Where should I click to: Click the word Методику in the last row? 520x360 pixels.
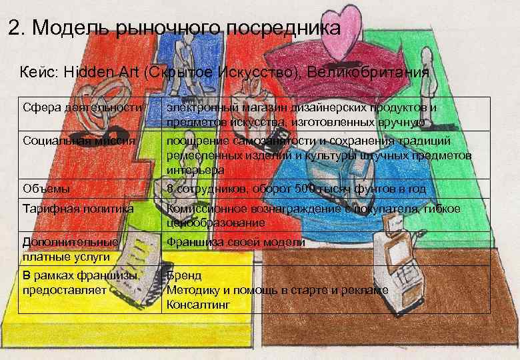[x=193, y=290]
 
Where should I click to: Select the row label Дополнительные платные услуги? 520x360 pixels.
[x=70, y=249]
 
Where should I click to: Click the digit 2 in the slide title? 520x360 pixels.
[x=14, y=28]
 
